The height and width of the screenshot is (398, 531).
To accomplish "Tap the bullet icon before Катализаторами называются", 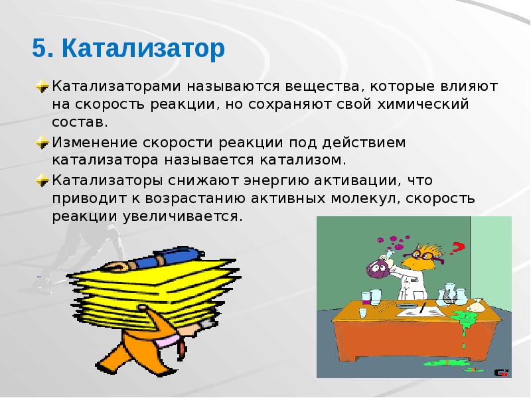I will tap(42, 87).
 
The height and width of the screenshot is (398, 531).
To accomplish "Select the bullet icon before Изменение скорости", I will tap(42, 143).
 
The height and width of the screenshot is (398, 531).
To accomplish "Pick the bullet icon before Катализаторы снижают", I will tap(42, 180).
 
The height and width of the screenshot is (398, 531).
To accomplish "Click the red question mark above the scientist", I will tap(456, 250).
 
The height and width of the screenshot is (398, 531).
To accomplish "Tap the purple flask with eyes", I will tap(375, 269).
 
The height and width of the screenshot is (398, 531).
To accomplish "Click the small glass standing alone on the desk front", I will tap(363, 312).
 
